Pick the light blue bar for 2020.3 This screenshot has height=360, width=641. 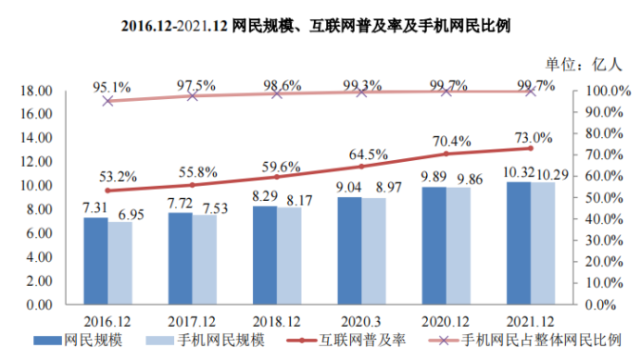(x=374, y=251)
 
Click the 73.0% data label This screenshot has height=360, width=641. (x=532, y=137)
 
